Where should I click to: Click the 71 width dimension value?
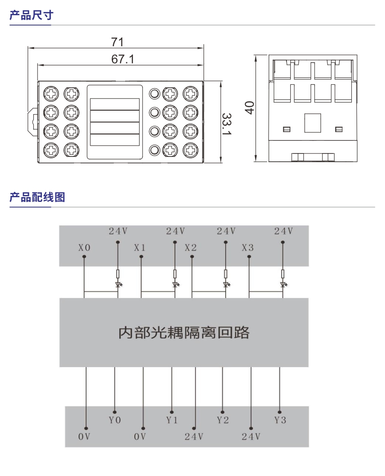tap(117, 42)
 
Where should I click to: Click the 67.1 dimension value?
tap(123, 59)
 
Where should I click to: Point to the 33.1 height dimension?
tap(226, 124)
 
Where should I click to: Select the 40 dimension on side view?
tap(248, 107)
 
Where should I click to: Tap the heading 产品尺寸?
tap(32, 16)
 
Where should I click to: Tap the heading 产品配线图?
tap(37, 198)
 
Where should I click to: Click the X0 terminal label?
tap(84, 248)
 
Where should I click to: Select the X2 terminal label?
tap(191, 248)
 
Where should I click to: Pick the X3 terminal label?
tap(248, 248)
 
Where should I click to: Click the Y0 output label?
tap(115, 420)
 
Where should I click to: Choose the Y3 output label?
tap(280, 420)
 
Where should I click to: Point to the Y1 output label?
tap(172, 420)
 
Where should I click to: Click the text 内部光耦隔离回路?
tap(184, 332)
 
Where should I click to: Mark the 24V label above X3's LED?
tap(283, 231)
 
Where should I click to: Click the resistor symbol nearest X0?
tap(118, 274)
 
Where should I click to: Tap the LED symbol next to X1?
tap(175, 284)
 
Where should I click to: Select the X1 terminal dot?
tap(141, 257)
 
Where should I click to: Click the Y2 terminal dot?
tap(223, 412)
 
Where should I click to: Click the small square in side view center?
tap(312, 123)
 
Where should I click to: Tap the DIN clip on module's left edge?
tap(33, 119)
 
